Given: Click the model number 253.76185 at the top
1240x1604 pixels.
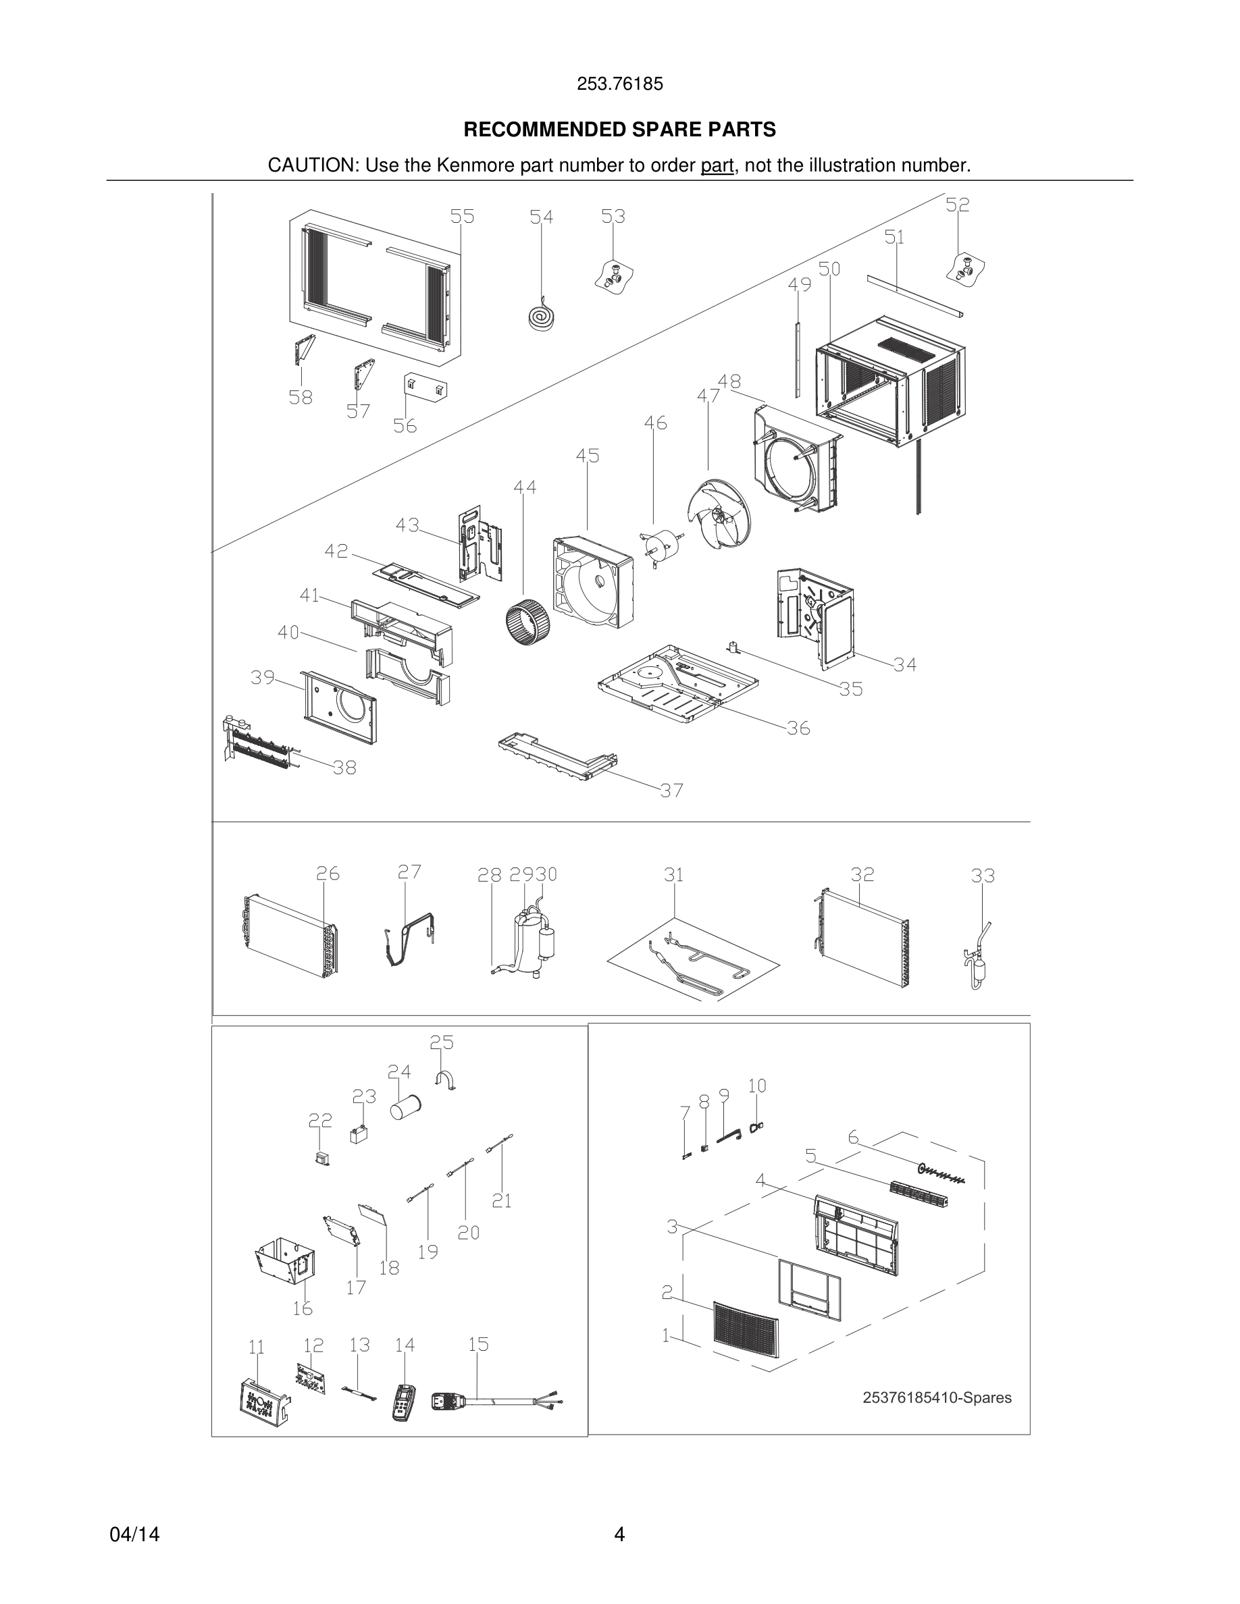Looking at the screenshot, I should (619, 84).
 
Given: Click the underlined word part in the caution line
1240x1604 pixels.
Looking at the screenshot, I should (717, 165).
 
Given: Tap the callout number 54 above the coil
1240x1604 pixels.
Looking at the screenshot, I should (542, 217).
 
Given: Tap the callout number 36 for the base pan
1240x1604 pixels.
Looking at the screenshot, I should (798, 728).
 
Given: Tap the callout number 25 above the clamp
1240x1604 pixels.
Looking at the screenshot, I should (442, 1042).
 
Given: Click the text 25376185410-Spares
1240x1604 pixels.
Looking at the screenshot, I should (937, 1397).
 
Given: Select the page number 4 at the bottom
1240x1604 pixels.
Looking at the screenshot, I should (619, 1534).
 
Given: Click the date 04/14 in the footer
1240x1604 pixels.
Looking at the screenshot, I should (134, 1534).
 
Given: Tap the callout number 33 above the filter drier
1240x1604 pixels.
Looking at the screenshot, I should (983, 876).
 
